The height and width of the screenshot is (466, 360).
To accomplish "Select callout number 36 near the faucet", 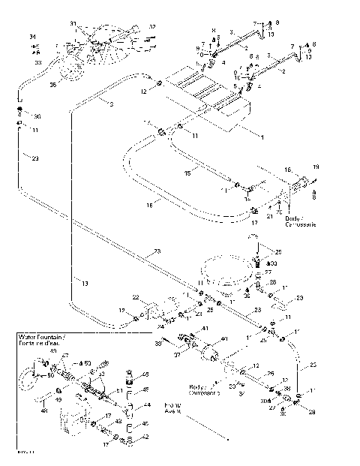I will (x=52, y=84).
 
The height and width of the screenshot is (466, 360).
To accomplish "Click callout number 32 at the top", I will (x=151, y=27).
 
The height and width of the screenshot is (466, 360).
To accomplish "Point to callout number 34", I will (x=32, y=37).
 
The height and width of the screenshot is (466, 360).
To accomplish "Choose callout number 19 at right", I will (x=315, y=166).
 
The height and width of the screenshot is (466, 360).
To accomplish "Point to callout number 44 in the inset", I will (x=147, y=404).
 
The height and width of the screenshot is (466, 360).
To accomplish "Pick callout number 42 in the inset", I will (x=146, y=436).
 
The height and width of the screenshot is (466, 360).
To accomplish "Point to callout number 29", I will (x=311, y=413).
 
